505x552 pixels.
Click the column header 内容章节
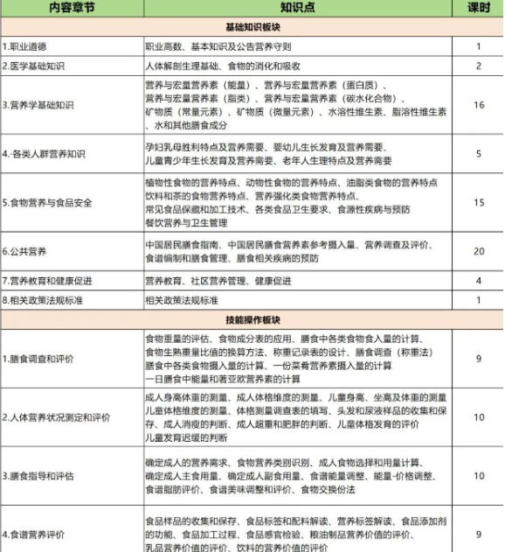pos(72,9)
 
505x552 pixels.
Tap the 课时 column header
pos(478,9)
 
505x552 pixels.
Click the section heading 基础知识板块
pos(252,27)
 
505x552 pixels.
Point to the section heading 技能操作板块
pos(252,320)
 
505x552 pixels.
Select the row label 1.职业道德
pos(26,45)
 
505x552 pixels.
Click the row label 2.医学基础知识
pos(34,65)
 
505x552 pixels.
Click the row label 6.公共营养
pos(26,251)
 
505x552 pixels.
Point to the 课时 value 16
pos(478,105)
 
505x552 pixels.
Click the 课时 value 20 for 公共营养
pos(478,251)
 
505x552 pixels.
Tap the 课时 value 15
pos(478,203)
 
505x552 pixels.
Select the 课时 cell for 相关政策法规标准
pos(478,300)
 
